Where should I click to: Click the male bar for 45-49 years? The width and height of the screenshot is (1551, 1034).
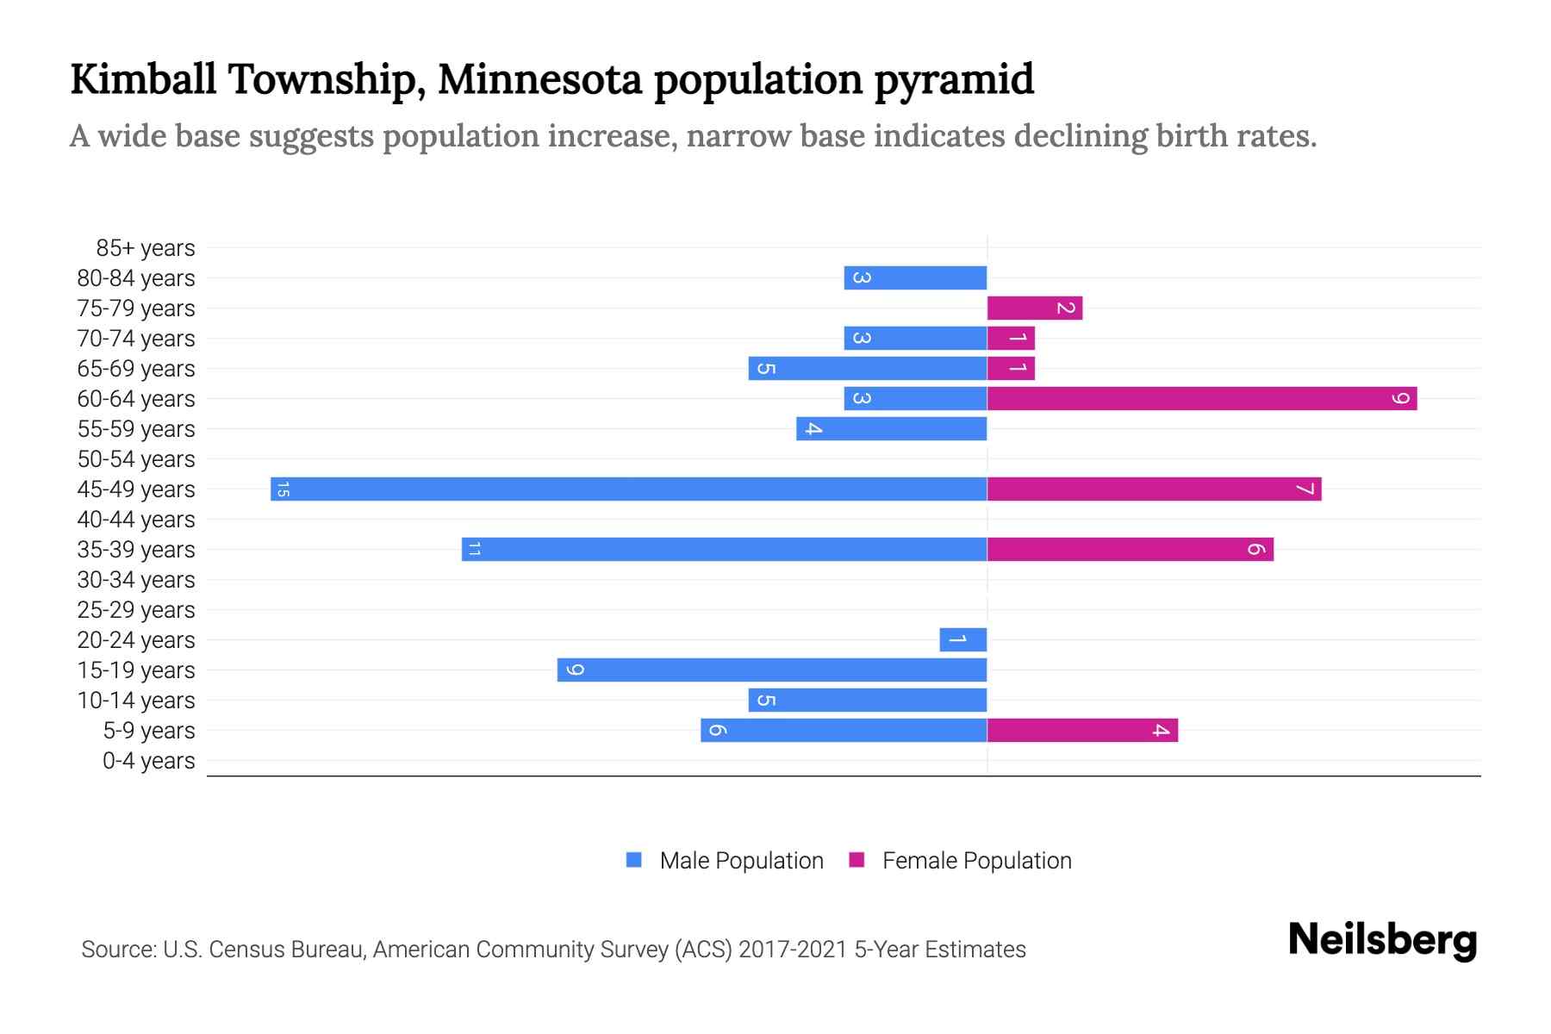[x=629, y=489]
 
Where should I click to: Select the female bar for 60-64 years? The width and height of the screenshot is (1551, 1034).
[x=1202, y=398]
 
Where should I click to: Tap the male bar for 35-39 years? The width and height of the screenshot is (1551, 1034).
[x=724, y=549]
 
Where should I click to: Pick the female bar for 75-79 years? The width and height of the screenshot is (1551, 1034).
[x=1034, y=308]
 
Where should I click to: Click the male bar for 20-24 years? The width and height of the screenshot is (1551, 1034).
[x=963, y=639]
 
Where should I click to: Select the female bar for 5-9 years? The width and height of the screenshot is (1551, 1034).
[x=1082, y=730]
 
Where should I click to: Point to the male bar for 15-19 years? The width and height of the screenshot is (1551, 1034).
[x=772, y=670]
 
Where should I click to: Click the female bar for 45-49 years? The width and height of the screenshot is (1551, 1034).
[x=1155, y=489]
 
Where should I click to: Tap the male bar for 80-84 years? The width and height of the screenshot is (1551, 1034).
[x=915, y=277]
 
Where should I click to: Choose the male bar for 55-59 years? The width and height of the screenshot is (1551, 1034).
[x=892, y=428]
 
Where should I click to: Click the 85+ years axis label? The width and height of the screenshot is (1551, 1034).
[x=146, y=248]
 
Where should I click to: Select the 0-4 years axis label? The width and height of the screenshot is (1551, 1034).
[x=148, y=761]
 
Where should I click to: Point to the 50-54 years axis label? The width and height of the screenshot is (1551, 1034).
[x=136, y=459]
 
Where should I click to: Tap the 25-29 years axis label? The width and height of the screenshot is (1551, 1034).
[x=136, y=610]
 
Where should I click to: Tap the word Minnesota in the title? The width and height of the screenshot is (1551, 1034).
[x=539, y=79]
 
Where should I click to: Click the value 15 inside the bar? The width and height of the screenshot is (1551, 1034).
[x=282, y=489]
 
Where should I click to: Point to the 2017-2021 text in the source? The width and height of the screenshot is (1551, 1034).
[x=793, y=950]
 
